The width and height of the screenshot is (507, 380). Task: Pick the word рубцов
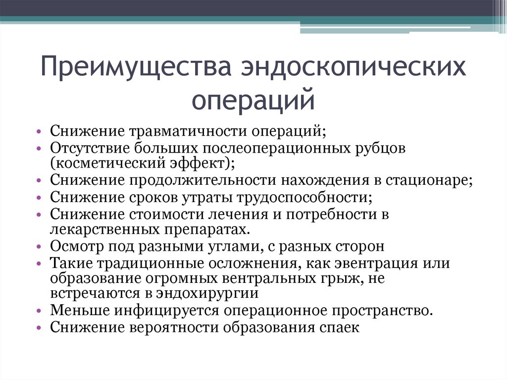381,148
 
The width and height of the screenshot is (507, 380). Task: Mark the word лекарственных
104,229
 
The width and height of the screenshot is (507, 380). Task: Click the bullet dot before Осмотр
39,246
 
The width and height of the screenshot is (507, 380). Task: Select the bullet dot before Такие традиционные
39,263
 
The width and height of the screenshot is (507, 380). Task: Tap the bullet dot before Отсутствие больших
39,148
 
